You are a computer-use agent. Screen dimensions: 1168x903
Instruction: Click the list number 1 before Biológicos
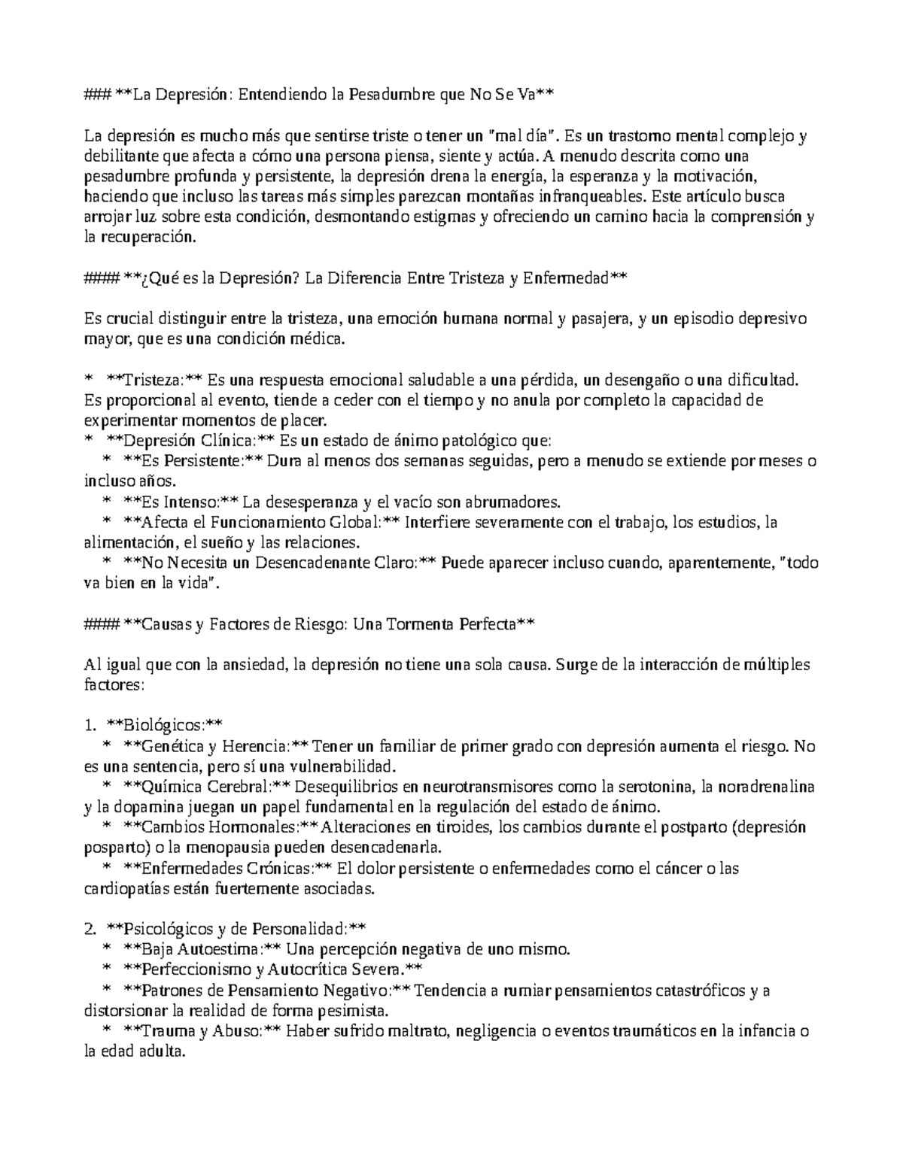tap(90, 726)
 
